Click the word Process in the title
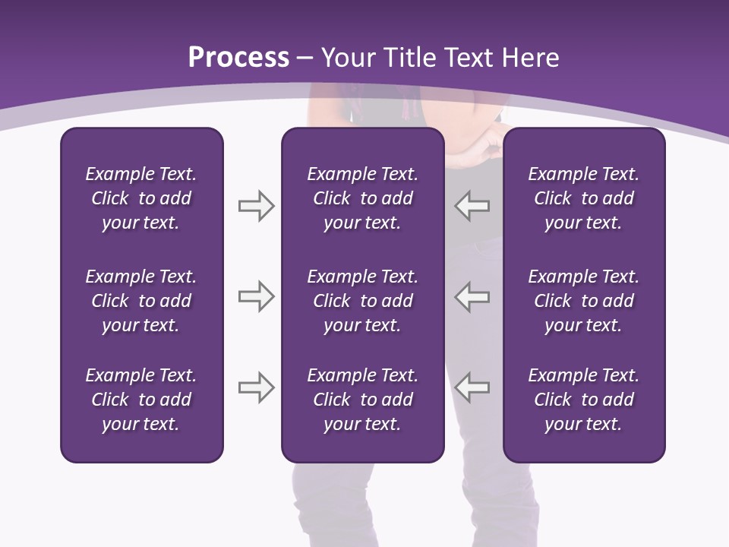click(238, 58)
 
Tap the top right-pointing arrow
click(256, 206)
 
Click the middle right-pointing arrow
click(256, 296)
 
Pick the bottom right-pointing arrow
click(256, 387)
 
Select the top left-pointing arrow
click(472, 206)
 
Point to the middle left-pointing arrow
click(472, 296)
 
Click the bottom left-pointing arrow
click(472, 387)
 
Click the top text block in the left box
click(141, 198)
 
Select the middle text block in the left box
click(141, 301)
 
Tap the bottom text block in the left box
click(141, 400)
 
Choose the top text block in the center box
click(362, 198)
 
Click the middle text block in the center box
click(362, 301)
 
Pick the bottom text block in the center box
click(362, 400)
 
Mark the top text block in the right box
click(583, 198)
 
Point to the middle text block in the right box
click(583, 301)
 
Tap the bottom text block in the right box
click(583, 400)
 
